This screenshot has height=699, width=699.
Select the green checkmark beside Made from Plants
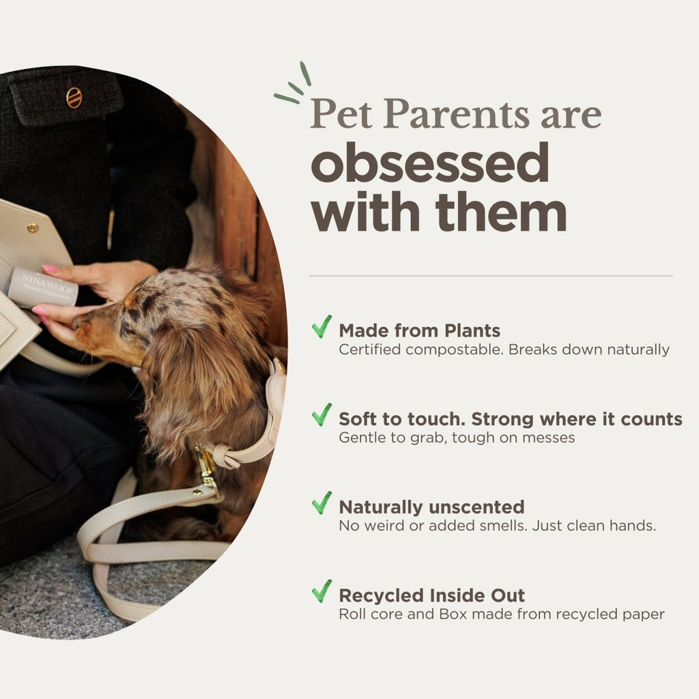tap(322, 327)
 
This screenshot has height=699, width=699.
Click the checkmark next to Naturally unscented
tap(322, 503)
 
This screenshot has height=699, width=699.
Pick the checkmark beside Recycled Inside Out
tap(322, 591)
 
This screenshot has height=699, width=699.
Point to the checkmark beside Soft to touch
tap(322, 415)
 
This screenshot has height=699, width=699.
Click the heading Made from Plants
tap(419, 331)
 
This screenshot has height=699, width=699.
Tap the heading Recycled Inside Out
tap(431, 595)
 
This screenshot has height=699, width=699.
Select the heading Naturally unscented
tap(431, 507)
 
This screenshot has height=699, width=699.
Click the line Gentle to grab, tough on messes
tap(457, 438)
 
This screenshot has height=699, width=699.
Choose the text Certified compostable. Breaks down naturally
tap(504, 349)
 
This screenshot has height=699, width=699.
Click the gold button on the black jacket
tap(74, 98)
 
